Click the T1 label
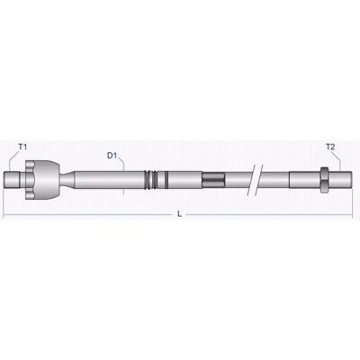point(22,147)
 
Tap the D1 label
point(112,156)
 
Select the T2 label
point(330,147)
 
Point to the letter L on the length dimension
point(179,214)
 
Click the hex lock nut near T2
point(324,179)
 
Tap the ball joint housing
point(46,179)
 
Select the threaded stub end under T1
point(13,179)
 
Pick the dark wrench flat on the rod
point(213,179)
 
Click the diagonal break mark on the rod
point(255,179)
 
